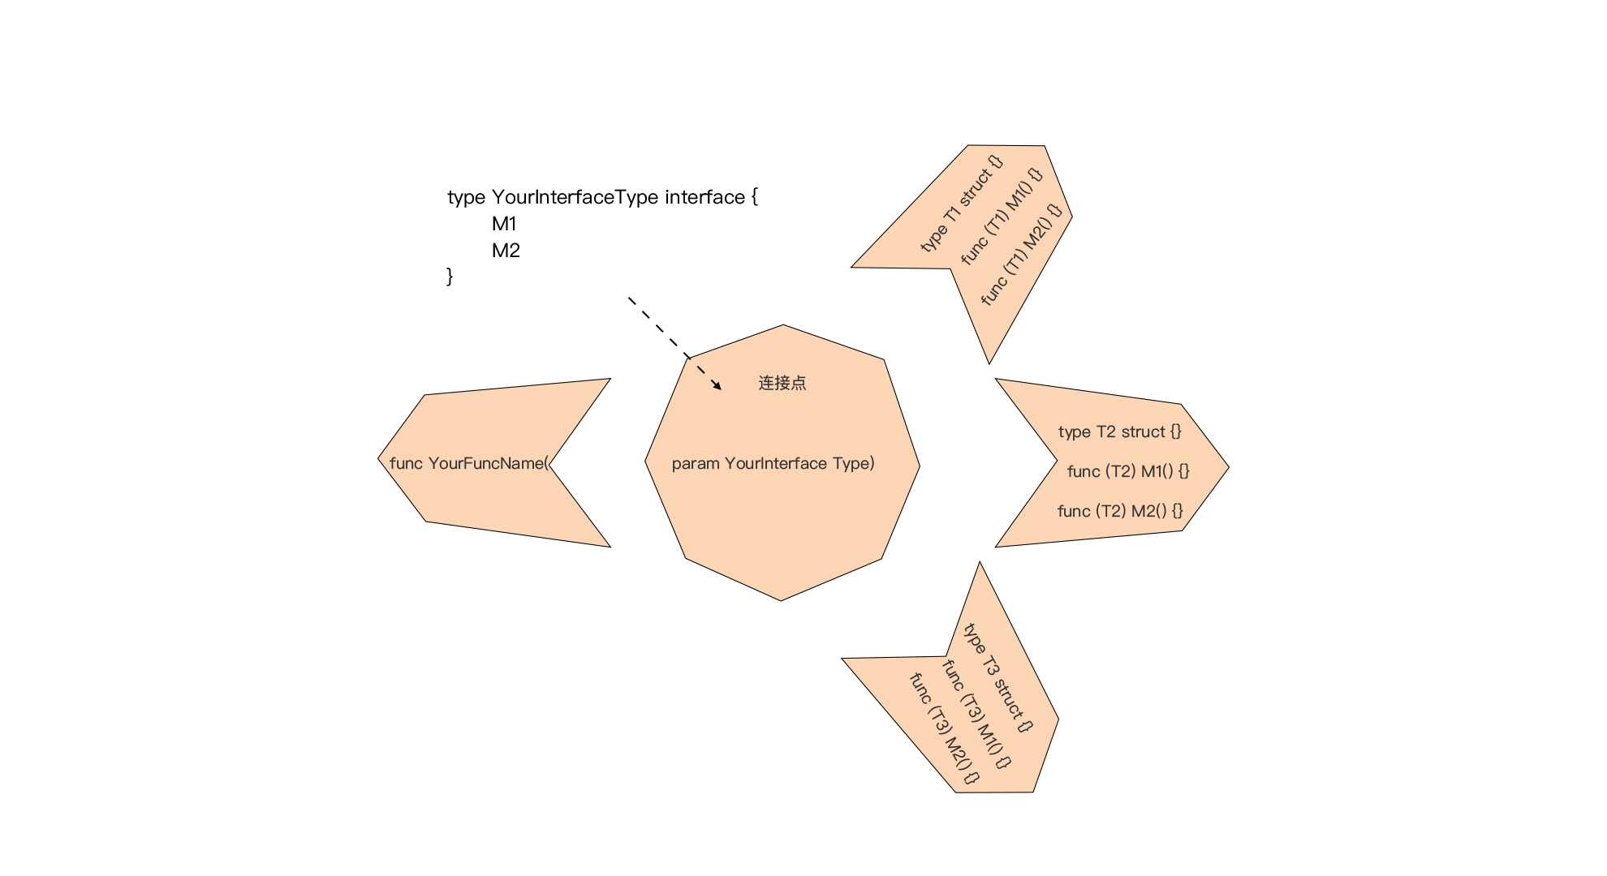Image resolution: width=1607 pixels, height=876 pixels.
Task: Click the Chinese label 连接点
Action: coord(782,383)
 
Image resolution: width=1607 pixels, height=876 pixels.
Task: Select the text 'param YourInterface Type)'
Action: coord(773,463)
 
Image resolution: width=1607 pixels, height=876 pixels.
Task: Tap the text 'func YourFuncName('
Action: coord(469,463)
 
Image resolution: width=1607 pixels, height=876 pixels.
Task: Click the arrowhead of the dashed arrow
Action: coord(717,385)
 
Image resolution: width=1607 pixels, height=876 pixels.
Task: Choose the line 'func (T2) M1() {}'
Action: coord(1128,471)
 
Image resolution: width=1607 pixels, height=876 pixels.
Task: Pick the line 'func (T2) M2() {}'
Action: coord(1120,511)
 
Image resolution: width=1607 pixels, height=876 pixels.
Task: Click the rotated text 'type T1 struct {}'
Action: coord(962,204)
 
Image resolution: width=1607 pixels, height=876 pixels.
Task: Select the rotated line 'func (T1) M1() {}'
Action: coord(1002,217)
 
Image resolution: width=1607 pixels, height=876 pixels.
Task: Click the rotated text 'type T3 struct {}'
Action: coord(998,677)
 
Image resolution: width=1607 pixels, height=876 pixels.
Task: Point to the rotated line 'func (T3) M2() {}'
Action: coord(945,728)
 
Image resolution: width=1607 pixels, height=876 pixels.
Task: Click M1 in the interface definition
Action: coord(504,224)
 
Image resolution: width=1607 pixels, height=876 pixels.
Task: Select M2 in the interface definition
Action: coord(506,251)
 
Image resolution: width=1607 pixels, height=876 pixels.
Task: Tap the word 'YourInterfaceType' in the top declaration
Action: coord(575,197)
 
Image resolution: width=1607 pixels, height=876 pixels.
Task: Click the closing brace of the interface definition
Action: coord(450,277)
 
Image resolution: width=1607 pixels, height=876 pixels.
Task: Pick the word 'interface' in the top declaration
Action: coord(705,197)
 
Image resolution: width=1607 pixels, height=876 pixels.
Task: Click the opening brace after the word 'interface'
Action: coord(755,197)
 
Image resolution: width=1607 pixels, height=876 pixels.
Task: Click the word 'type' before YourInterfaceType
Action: coord(466,198)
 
